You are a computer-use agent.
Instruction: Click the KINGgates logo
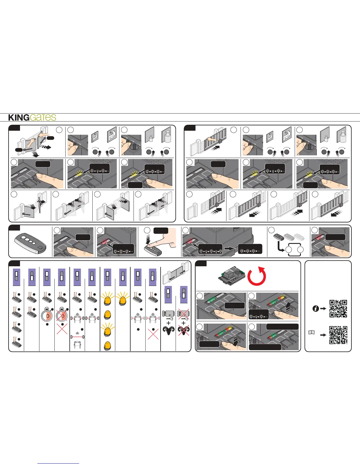point(32,117)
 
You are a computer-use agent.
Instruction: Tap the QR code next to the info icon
point(338,309)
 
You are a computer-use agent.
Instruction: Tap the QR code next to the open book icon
point(338,335)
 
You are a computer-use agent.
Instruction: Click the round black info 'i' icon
point(316,309)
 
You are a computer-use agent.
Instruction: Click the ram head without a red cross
point(168,331)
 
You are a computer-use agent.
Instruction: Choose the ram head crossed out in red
point(184,331)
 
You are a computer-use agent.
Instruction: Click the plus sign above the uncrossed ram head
point(168,323)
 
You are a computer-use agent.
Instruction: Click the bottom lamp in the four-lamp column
point(107,345)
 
